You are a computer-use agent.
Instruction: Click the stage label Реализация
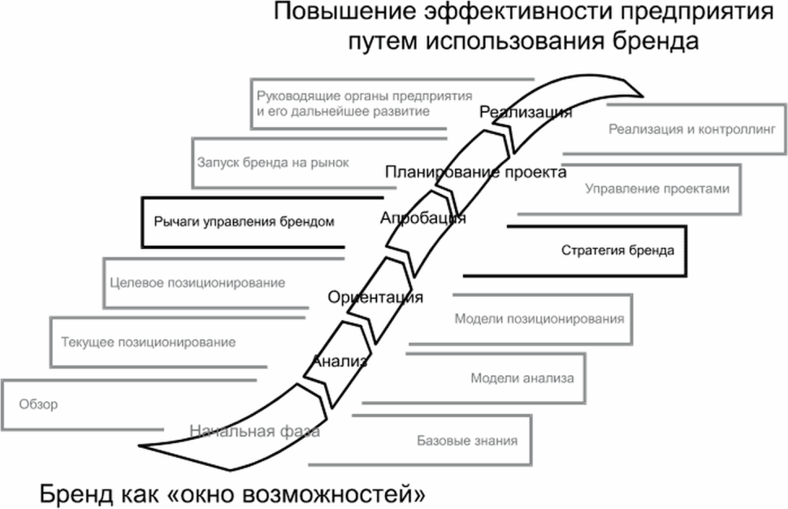point(526,112)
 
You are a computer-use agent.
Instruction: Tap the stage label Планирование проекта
point(475,172)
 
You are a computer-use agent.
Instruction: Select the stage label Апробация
point(422,218)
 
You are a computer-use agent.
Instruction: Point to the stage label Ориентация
point(375,297)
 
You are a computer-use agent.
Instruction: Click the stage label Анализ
point(340,360)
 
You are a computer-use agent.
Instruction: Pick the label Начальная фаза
point(254,431)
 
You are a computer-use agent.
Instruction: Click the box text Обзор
point(38,404)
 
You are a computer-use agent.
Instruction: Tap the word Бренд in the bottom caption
point(76,494)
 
